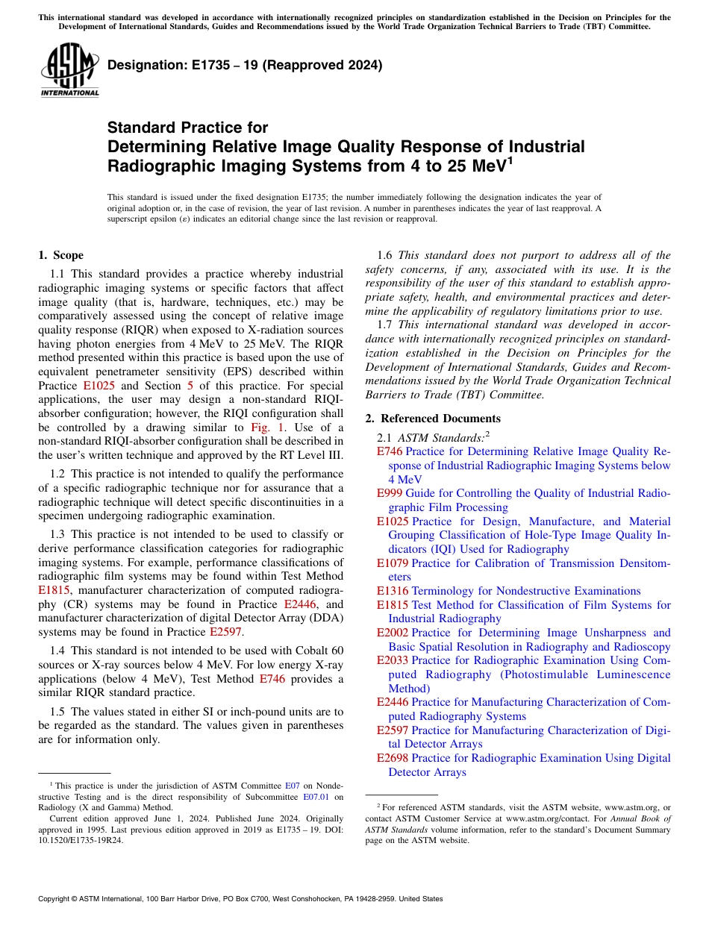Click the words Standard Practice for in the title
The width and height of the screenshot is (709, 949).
[187, 128]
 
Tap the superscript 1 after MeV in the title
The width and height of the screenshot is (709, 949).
[510, 159]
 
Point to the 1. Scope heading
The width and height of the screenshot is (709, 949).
[60, 255]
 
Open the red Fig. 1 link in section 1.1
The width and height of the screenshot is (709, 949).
[265, 427]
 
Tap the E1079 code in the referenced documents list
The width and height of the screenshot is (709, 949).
[393, 563]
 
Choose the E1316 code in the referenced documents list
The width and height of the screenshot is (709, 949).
[393, 591]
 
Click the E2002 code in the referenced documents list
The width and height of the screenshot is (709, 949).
[393, 633]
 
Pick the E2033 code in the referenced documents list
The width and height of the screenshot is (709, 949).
[393, 660]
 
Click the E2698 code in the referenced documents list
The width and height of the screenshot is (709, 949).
[393, 758]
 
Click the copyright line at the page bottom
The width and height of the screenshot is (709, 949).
[240, 899]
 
